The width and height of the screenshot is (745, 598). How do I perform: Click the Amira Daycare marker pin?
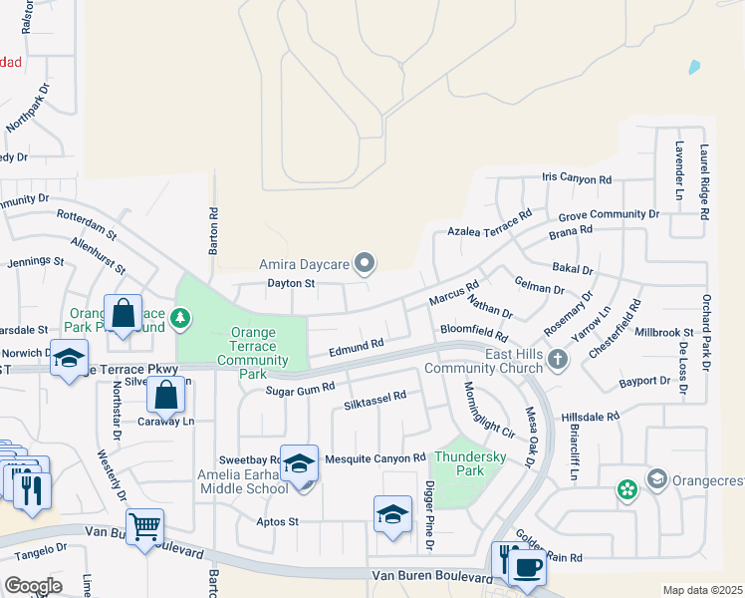pyautogui.click(x=366, y=264)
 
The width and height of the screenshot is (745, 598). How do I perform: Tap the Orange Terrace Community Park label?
pyautogui.click(x=253, y=353)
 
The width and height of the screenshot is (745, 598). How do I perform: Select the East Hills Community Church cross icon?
pyautogui.click(x=557, y=359)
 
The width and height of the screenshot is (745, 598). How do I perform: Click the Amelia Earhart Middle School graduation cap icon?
pyautogui.click(x=299, y=465)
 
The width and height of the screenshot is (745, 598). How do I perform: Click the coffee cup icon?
pyautogui.click(x=527, y=567)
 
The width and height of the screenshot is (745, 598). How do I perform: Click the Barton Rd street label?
pyautogui.click(x=212, y=230)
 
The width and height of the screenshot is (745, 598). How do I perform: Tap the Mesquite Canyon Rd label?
pyautogui.click(x=375, y=457)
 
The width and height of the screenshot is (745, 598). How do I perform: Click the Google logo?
pyautogui.click(x=32, y=585)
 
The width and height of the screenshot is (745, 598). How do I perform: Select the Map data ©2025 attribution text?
pyautogui.click(x=702, y=590)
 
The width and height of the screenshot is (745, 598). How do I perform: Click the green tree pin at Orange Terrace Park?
pyautogui.click(x=180, y=319)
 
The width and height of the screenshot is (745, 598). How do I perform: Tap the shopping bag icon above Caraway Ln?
pyautogui.click(x=166, y=396)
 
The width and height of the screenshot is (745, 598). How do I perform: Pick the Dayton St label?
pyautogui.click(x=290, y=283)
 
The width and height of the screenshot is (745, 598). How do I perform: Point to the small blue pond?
pyautogui.click(x=693, y=68)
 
